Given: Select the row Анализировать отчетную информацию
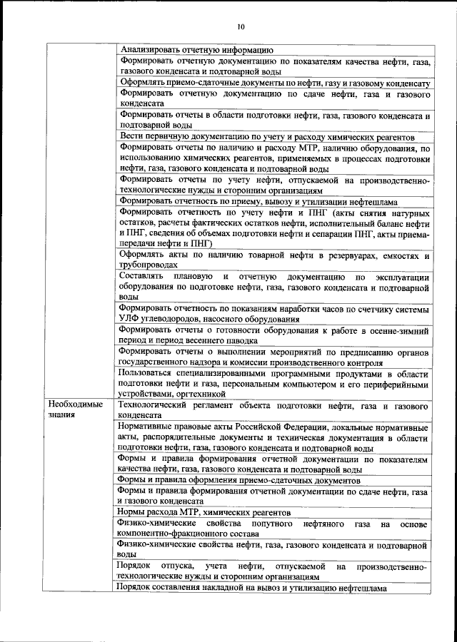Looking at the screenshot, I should (196, 50).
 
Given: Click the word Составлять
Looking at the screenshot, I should (144, 275).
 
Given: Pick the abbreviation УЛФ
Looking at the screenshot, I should (131, 320).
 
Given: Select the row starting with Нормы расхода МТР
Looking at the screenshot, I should (206, 513).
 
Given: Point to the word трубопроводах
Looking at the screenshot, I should (154, 265).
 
